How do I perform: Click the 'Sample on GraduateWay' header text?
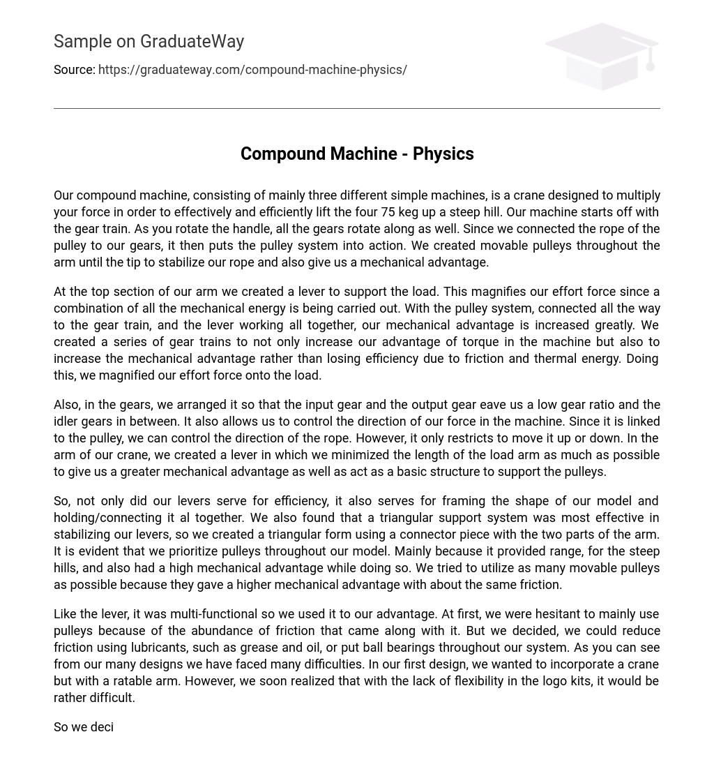click(149, 42)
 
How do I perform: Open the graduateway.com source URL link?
click(252, 70)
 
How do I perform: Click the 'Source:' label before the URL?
click(74, 70)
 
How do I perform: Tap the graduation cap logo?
click(601, 56)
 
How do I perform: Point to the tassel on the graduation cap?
click(651, 63)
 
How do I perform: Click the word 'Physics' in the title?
click(443, 154)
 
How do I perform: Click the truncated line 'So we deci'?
click(84, 727)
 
